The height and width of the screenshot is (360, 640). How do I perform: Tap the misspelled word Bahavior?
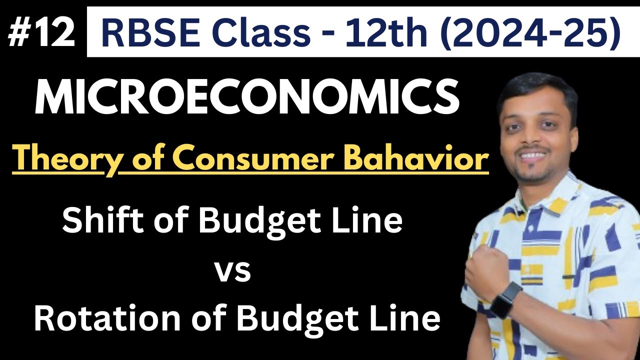430,160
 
